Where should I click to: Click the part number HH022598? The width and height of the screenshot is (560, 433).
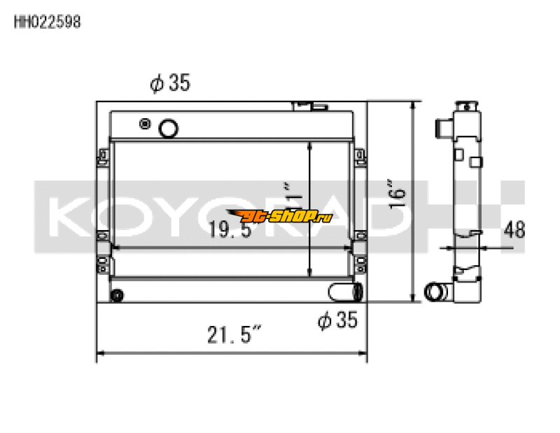coord(48,22)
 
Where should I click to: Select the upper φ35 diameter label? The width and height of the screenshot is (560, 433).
coord(169,84)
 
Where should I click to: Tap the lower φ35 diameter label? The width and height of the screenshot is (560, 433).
coord(337,320)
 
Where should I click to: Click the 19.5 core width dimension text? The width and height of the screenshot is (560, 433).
coord(229,229)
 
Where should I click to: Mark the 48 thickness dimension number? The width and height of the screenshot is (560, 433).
coord(514,229)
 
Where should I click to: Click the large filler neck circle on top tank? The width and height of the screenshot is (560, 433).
coord(168,128)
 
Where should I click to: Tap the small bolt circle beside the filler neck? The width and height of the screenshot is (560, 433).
coord(145,124)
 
